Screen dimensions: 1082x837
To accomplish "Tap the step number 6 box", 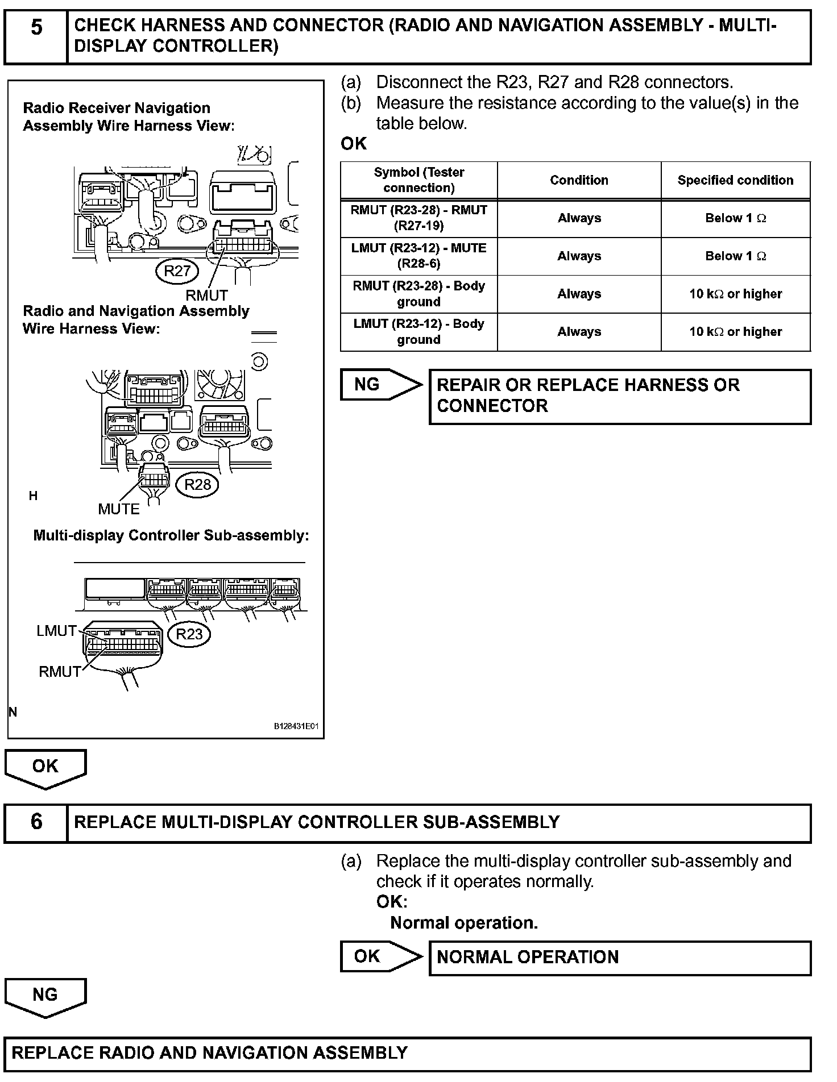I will point(36,822).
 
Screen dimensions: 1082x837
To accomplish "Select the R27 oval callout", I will point(177,271).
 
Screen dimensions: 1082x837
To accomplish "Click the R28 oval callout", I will point(197,484).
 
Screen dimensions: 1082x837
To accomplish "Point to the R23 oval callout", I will point(189,634).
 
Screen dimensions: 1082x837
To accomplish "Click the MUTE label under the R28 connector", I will point(119,509).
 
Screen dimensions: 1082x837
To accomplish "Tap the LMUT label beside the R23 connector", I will point(56,631).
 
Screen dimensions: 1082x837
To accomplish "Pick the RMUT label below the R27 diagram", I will point(206,296).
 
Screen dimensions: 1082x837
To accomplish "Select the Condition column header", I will point(579,180).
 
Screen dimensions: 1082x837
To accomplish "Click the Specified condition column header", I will point(735,180).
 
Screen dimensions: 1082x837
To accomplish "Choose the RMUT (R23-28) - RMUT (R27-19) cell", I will point(419,218).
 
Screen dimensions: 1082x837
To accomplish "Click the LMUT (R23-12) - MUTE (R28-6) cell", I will point(419,256).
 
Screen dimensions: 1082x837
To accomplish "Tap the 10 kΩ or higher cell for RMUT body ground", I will point(735,294).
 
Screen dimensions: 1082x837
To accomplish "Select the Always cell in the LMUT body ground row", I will point(579,332).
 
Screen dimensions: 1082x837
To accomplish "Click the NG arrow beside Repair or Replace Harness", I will point(380,385).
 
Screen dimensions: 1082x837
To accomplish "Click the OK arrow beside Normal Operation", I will point(380,956).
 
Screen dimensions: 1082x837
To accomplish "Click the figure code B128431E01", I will point(296,726).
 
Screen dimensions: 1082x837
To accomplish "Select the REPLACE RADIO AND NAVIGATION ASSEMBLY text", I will point(210,1053).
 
